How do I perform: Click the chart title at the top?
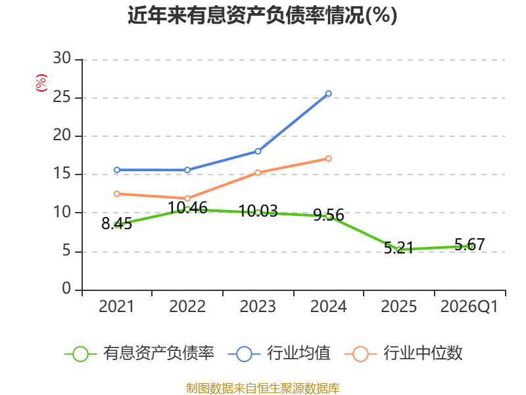262,15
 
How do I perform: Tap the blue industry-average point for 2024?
328,93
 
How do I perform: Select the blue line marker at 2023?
258,151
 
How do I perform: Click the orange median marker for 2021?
117,194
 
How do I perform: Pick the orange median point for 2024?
328,159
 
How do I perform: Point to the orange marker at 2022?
187,199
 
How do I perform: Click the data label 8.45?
117,224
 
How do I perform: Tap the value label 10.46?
187,208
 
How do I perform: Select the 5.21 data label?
398,248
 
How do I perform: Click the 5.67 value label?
469,244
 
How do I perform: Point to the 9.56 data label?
328,215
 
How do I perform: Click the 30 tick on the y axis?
62,58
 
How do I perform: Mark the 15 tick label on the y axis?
62,173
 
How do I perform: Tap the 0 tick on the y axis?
66,288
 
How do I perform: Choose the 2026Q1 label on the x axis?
469,307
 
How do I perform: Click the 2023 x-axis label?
258,307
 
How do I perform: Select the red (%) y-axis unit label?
41,83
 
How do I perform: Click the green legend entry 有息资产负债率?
139,354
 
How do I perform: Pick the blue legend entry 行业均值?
279,354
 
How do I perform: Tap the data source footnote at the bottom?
262,388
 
